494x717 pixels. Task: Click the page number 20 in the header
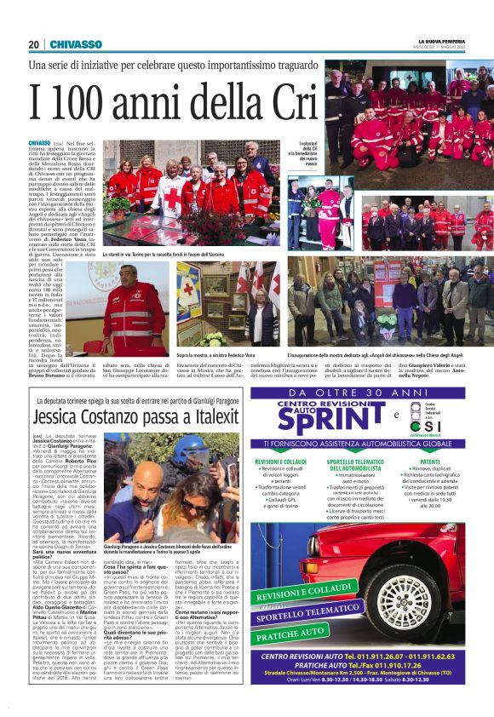click(x=33, y=44)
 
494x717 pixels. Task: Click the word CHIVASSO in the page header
click(x=76, y=44)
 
